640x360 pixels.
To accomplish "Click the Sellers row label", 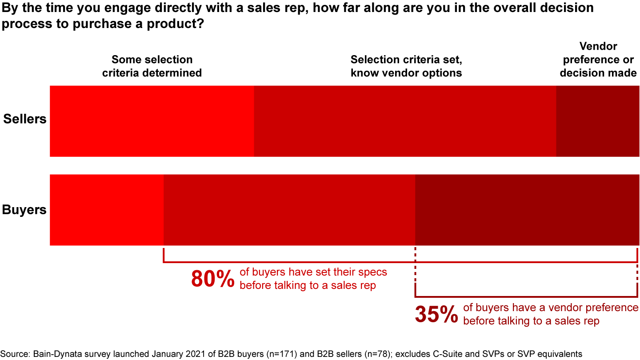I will point(25,119).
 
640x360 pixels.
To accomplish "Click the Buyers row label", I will point(24,209).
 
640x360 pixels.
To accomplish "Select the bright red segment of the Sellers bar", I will point(152,121).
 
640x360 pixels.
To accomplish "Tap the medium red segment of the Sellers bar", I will point(404,121).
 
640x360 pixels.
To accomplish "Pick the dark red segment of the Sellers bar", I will point(597,121).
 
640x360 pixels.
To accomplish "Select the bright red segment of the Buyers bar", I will point(107,210).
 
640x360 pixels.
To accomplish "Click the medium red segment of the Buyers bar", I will point(289,210).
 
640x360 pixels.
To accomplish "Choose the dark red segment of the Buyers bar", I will point(527,210).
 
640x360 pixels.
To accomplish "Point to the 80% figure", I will point(212,279).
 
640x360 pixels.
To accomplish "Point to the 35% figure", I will point(436,315).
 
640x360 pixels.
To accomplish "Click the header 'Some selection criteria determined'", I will point(152,66).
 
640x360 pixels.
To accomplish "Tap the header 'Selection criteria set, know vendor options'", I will point(406,66).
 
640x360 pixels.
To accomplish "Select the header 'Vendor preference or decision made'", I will point(598,60).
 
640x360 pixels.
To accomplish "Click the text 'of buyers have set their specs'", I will point(313,272).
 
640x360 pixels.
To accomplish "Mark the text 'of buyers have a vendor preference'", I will point(551,308).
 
